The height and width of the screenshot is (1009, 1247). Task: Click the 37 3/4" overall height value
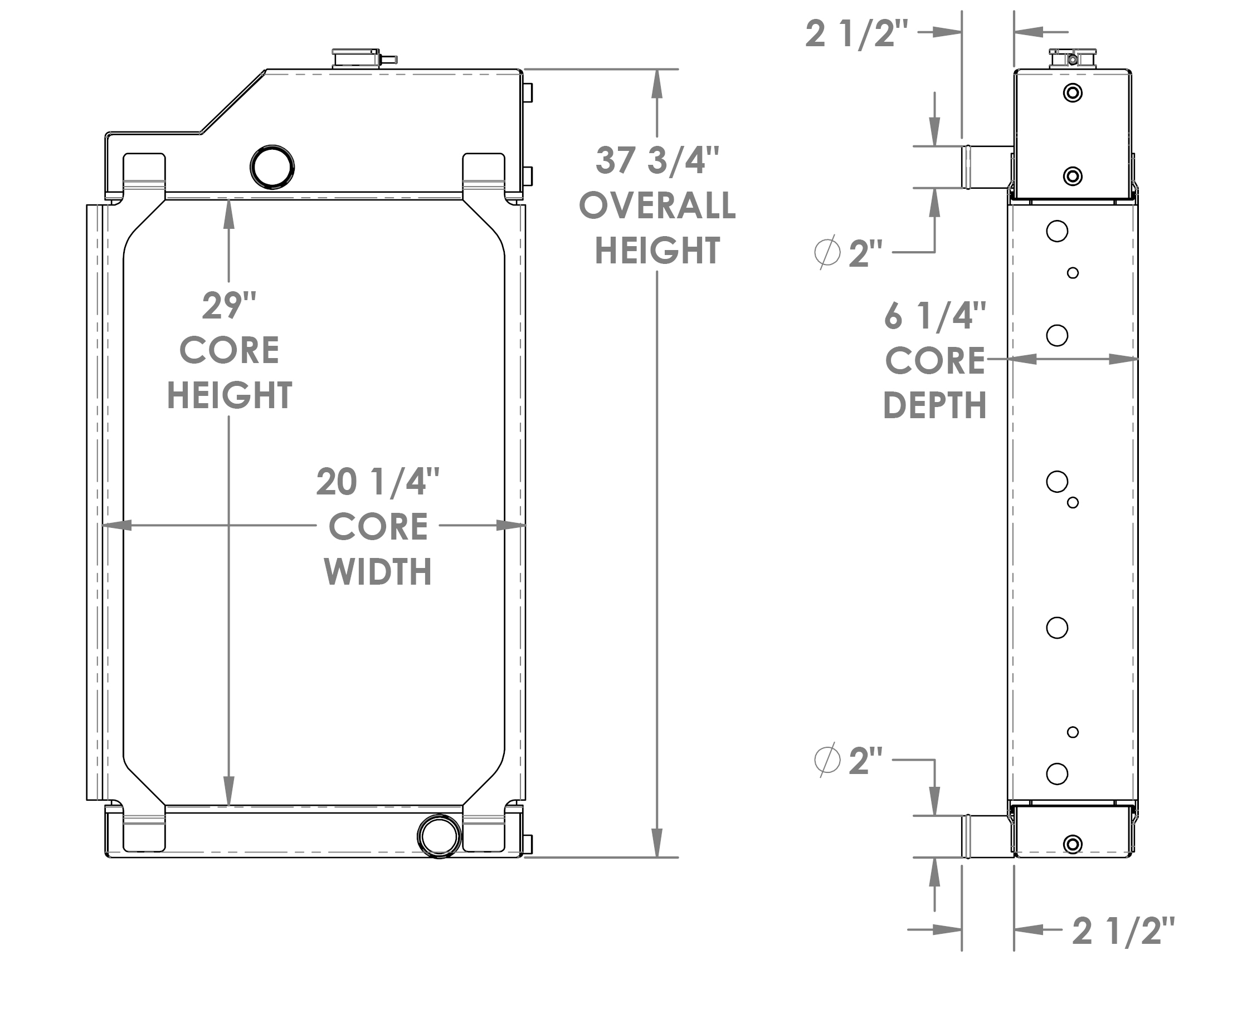657,160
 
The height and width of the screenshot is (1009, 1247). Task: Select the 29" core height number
229,306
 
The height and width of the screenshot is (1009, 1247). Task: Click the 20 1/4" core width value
377,482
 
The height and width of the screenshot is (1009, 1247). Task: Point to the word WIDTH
377,572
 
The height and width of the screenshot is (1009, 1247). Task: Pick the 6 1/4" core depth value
934,316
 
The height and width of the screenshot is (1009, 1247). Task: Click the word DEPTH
934,406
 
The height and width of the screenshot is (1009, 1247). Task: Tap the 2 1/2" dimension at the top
856,34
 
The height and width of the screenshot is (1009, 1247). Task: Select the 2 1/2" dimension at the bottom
1123,931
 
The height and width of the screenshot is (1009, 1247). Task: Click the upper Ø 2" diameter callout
849,253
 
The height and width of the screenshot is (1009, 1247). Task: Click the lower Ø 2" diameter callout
849,760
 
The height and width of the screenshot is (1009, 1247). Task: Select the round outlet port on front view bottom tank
440,836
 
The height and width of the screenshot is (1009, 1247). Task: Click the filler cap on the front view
357,58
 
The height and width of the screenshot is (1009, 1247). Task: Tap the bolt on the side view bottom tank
1073,844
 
